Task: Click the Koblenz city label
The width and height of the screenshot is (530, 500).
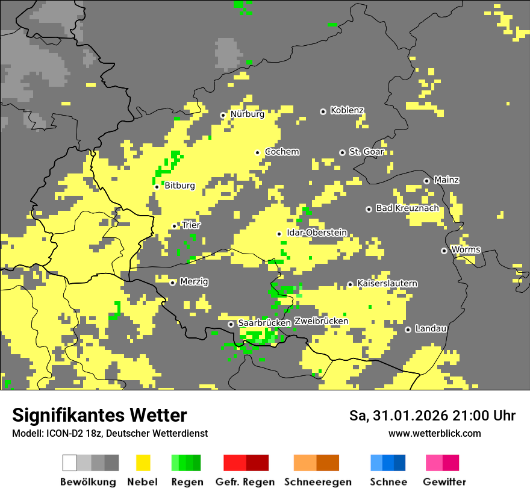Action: [x=347, y=110]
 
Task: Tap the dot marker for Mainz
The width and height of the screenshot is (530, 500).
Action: [x=426, y=181]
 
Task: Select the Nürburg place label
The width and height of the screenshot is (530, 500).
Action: [x=247, y=114]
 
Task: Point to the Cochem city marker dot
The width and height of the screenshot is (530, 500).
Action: [x=258, y=152]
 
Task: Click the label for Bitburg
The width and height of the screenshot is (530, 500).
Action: [x=179, y=186]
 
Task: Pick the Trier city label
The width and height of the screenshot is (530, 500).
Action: [x=192, y=225]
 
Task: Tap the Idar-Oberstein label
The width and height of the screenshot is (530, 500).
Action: [x=317, y=233]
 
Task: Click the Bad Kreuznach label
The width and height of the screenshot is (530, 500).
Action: [x=407, y=208]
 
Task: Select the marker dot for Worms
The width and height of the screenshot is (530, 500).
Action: [x=444, y=251]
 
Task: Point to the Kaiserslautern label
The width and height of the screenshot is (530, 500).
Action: [x=387, y=283]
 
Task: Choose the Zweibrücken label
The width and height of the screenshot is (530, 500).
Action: [x=321, y=321]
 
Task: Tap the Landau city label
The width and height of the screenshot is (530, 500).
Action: [x=431, y=328]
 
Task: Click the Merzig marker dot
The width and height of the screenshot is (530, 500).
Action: [x=172, y=283]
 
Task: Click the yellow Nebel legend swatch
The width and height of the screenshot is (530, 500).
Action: [x=143, y=463]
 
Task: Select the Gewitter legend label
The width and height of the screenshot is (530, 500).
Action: [x=444, y=482]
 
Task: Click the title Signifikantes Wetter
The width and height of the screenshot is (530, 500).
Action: [x=99, y=415]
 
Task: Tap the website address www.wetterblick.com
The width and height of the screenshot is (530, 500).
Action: [x=434, y=433]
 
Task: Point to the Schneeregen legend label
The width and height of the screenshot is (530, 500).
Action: [x=318, y=482]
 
